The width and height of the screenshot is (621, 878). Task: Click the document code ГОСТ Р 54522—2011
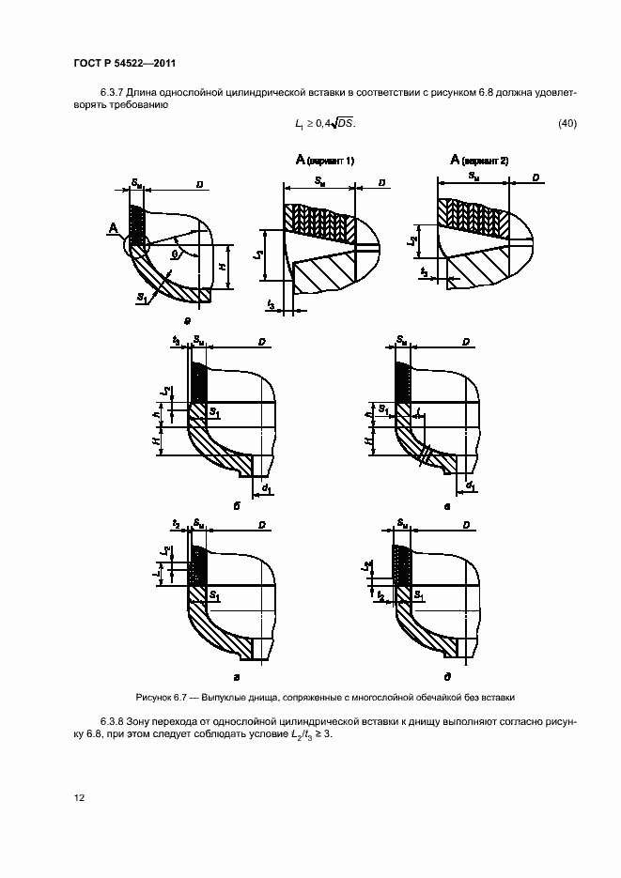(x=124, y=63)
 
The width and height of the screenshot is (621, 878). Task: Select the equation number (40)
(x=567, y=124)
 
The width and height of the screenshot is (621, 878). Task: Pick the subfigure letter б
(x=237, y=506)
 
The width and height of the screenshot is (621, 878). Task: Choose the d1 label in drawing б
(x=268, y=488)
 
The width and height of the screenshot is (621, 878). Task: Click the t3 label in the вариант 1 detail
(x=272, y=305)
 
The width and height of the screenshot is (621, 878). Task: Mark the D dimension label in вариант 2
(x=534, y=177)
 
